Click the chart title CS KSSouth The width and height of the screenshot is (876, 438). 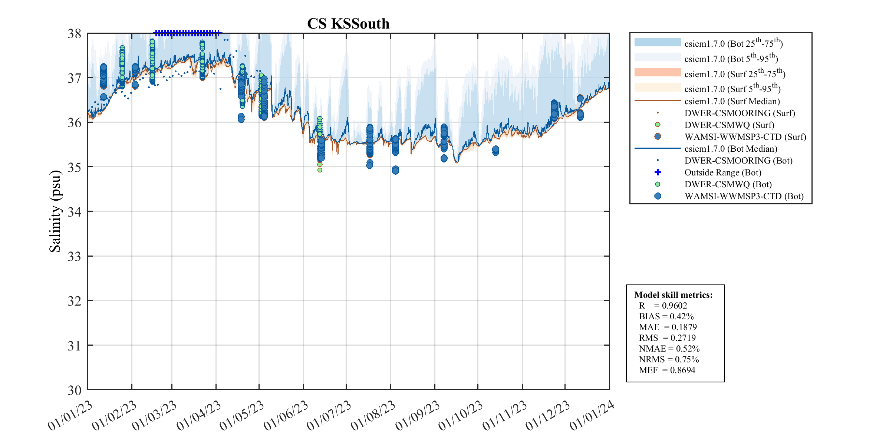(x=348, y=24)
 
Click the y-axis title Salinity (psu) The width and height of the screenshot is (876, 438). (x=55, y=211)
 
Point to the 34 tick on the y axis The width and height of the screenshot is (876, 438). (x=74, y=212)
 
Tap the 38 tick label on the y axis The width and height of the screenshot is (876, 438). (x=74, y=34)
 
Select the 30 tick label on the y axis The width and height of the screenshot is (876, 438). (x=74, y=390)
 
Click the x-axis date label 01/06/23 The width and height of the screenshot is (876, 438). (x=286, y=416)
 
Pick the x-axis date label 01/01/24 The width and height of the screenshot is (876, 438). (x=592, y=416)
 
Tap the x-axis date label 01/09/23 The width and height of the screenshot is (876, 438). (x=418, y=416)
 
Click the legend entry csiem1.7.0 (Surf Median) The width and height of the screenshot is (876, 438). (x=732, y=101)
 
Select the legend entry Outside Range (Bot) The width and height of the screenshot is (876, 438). (x=722, y=172)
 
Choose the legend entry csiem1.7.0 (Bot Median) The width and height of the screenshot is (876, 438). (x=731, y=149)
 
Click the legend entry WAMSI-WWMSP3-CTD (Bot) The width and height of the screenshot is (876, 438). (x=744, y=196)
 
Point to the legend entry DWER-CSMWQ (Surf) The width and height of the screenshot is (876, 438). (x=729, y=125)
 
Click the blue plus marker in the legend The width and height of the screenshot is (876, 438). (x=658, y=172)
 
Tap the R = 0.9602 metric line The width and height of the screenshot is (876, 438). (x=663, y=306)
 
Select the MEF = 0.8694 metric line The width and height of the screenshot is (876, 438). (x=667, y=370)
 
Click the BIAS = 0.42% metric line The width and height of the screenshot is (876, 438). (x=666, y=316)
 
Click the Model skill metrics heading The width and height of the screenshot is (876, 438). (x=673, y=295)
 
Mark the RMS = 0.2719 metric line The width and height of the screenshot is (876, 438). (x=667, y=338)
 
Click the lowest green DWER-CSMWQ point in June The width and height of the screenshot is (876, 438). (x=320, y=170)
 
